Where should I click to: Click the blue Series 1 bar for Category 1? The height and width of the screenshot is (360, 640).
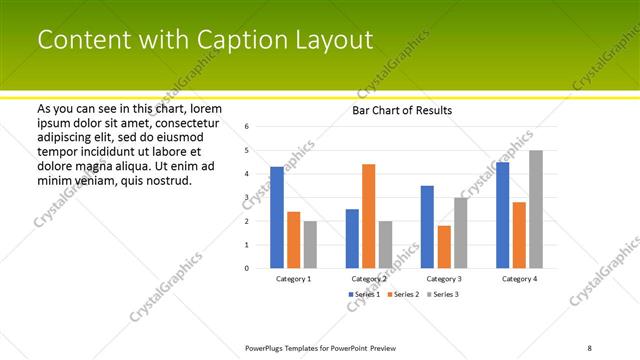[x=277, y=217]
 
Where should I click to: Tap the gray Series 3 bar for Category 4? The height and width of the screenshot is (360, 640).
[x=536, y=209]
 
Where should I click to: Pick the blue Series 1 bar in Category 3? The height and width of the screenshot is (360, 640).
[x=427, y=227]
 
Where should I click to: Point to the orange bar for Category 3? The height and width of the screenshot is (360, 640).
[x=444, y=247]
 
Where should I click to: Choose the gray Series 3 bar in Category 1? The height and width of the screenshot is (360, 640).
[x=310, y=244]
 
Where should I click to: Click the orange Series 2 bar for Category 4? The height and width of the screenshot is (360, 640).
[x=519, y=235]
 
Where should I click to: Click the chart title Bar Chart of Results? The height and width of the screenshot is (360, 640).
[x=403, y=110]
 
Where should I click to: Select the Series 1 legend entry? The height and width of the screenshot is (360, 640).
[x=365, y=295]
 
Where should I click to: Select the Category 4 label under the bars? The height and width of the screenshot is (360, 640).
[x=519, y=279]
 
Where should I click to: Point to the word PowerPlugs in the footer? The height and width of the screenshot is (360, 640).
[x=268, y=348]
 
